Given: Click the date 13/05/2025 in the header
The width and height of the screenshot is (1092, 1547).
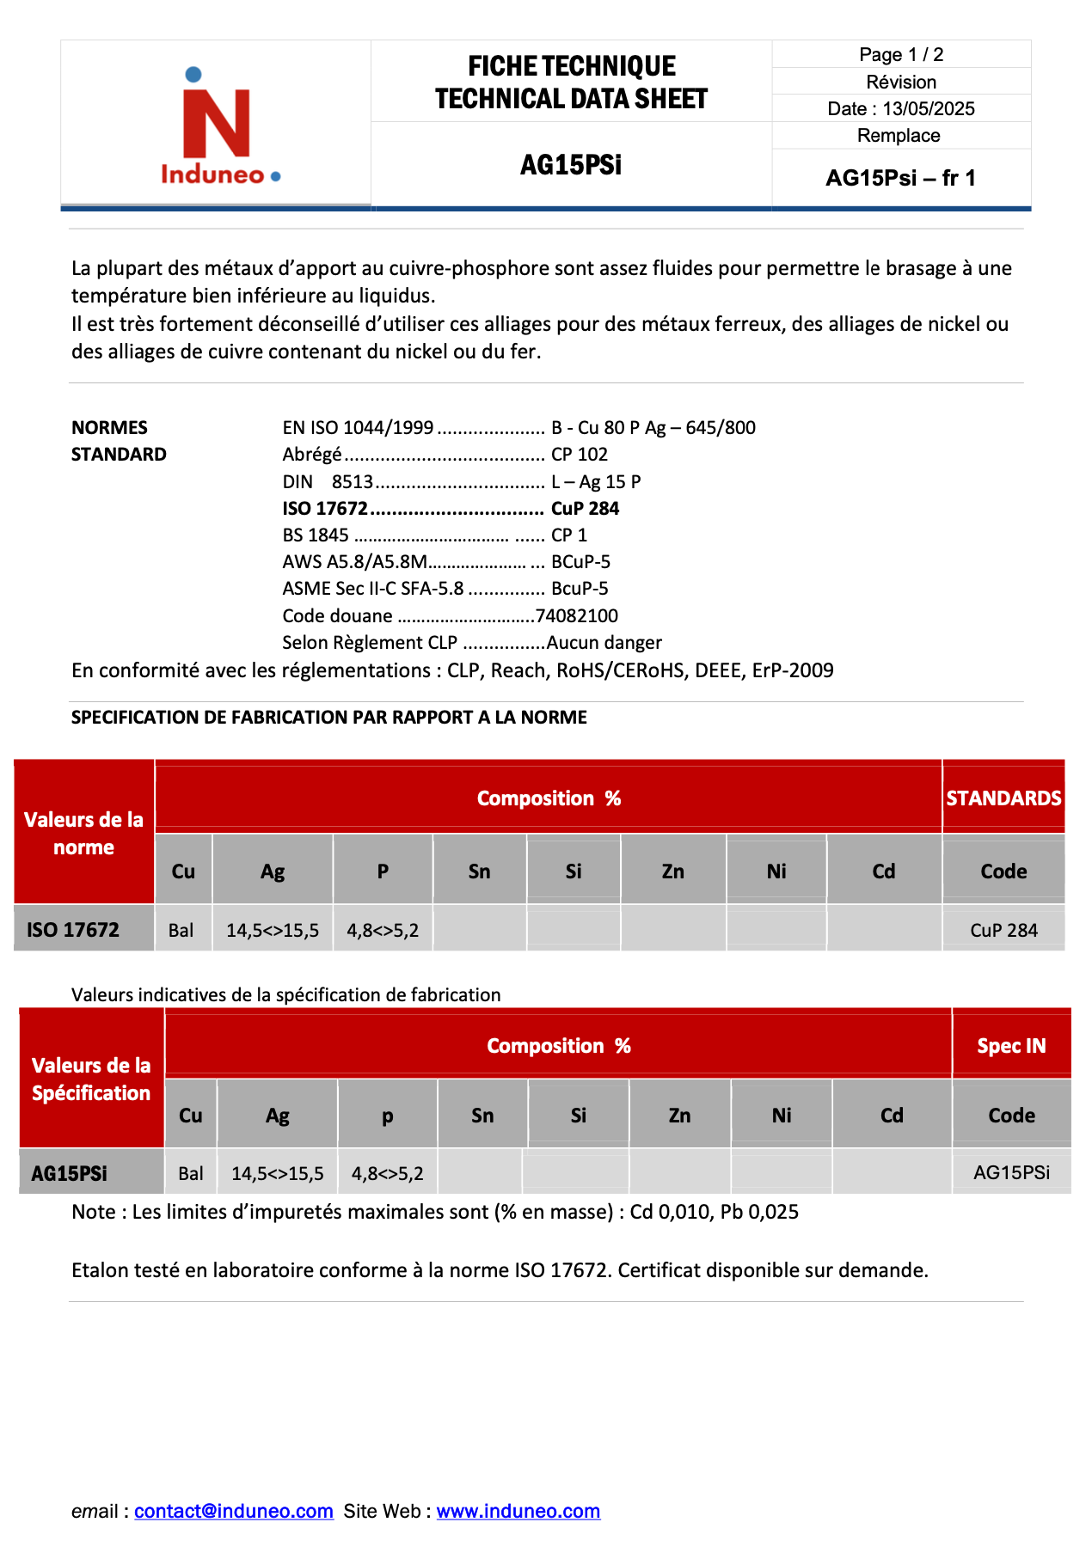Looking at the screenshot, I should [928, 108].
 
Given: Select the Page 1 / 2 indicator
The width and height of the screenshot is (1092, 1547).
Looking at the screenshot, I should [901, 55].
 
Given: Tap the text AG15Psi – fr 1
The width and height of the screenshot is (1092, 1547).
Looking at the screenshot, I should [900, 178].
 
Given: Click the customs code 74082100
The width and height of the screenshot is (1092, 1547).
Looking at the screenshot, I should [576, 615].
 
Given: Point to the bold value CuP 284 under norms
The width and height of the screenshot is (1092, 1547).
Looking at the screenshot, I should [585, 508].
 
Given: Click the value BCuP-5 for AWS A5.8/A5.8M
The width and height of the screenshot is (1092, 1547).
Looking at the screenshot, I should [580, 561].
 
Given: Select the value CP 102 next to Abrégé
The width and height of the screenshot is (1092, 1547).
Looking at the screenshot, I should [579, 454].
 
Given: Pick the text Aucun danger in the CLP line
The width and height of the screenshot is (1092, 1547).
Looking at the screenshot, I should [604, 642].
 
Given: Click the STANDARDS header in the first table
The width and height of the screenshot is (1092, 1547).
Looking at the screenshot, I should [1003, 798].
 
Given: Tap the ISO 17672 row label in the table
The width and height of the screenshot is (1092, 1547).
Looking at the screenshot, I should [73, 929].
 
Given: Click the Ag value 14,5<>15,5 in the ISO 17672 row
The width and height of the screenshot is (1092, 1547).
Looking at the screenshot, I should [273, 930].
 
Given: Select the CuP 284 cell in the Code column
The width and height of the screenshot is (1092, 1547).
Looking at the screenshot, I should [1003, 930].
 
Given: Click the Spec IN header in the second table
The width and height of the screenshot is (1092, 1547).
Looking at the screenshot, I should [1011, 1045].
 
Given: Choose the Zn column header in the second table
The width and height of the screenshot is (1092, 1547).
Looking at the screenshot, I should [679, 1115].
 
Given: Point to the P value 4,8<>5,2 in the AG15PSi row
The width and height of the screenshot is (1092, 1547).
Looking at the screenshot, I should [387, 1173].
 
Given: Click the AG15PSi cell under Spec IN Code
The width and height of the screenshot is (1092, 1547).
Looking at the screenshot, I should [1011, 1172].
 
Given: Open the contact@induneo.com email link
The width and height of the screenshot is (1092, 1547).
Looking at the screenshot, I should [233, 1511].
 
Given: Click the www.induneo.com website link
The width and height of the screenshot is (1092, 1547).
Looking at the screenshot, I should [518, 1511].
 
